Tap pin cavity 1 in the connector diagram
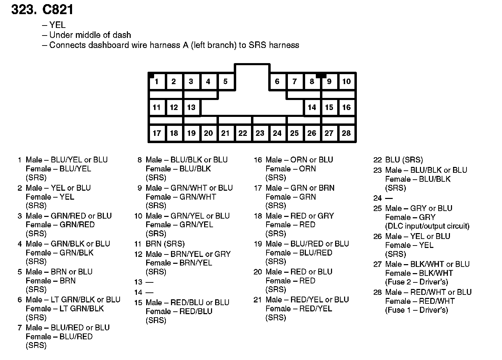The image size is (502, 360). tap(157, 82)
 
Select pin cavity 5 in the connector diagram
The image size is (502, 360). tap(225, 82)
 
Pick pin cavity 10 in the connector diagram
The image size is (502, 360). tap(346, 82)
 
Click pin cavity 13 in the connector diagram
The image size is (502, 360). tap(191, 107)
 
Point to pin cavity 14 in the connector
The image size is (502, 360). tap(312, 107)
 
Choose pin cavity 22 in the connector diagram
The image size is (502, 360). tap(243, 133)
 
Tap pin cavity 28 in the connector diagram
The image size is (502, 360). tap(346, 133)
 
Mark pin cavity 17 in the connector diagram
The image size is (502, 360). tap(157, 133)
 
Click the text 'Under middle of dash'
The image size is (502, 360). tap(90, 35)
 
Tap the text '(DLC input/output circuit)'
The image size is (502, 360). tap(427, 226)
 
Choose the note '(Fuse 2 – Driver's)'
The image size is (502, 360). tap(416, 282)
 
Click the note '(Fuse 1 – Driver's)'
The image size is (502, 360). tap(416, 310)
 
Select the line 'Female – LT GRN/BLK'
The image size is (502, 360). tap(65, 309)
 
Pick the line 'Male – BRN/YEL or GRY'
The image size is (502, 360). tap(188, 254)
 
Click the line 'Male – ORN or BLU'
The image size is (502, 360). tap(299, 160)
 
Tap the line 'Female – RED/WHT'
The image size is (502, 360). tap(420, 301)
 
